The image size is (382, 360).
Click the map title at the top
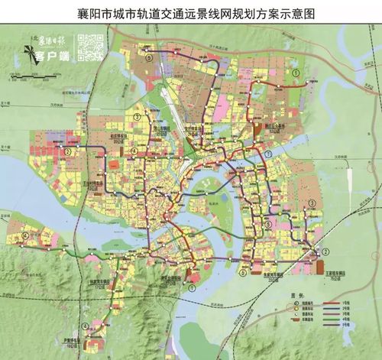tap(191, 13)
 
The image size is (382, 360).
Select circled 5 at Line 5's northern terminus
tap(150, 56)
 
